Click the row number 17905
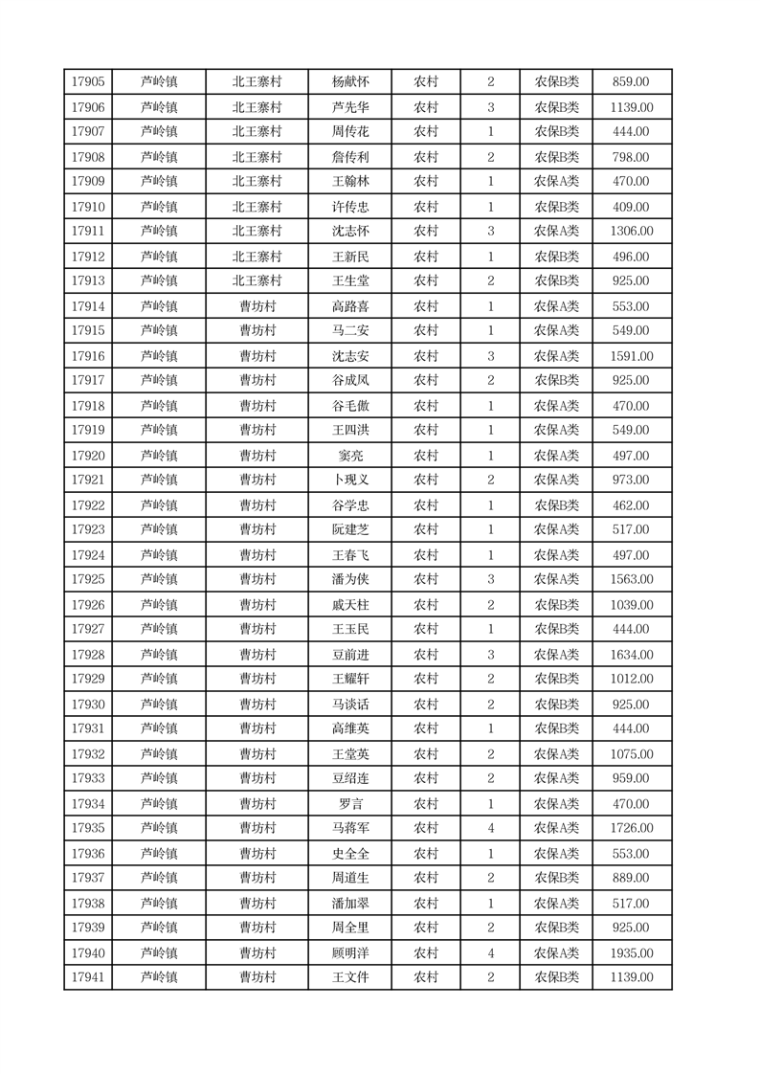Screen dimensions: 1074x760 (x=88, y=82)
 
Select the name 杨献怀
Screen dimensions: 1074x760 (x=349, y=82)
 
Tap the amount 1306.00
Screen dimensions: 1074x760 (x=631, y=231)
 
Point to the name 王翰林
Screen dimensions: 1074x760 (x=349, y=181)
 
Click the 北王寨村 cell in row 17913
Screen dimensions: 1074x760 (x=257, y=280)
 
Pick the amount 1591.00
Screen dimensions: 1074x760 (x=631, y=356)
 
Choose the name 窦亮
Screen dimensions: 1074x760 (x=349, y=456)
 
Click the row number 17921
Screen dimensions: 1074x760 (x=88, y=480)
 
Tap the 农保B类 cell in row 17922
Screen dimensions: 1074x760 (x=556, y=505)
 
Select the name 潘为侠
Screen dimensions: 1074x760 (x=349, y=579)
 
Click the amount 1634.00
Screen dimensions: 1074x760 (x=631, y=655)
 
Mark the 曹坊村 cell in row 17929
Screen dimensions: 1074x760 (x=257, y=679)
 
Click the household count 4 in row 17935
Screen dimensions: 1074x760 (x=491, y=828)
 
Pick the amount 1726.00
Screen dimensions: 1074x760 (x=631, y=828)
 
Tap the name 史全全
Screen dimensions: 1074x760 (x=349, y=854)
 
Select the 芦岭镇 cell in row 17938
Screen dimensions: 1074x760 (x=159, y=904)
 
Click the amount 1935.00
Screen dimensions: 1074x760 (x=631, y=953)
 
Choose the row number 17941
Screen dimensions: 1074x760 (x=88, y=977)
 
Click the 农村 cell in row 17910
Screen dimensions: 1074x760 (x=426, y=207)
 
